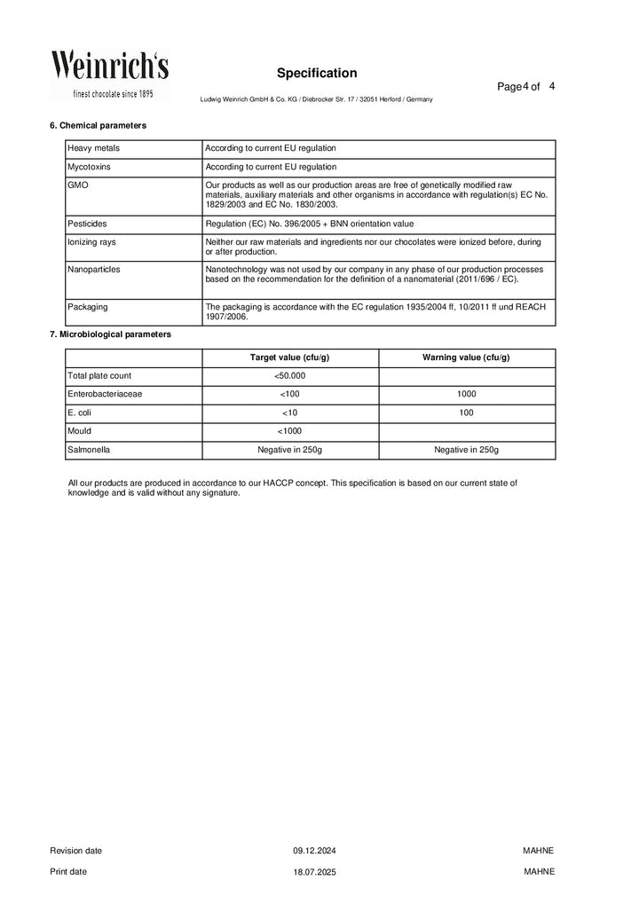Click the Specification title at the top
click(x=316, y=73)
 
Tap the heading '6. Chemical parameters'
click(x=98, y=125)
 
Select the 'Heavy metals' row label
click(x=91, y=148)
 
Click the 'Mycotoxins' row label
click(x=89, y=166)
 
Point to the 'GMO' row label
click(x=77, y=185)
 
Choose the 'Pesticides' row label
click(x=87, y=224)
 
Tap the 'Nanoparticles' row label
click(x=94, y=268)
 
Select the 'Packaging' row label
click(x=88, y=307)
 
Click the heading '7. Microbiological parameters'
click(x=110, y=334)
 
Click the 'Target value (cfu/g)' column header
click(x=289, y=358)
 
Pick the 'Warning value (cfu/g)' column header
click(x=466, y=358)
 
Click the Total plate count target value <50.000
click(x=289, y=376)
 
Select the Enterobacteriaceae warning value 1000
click(x=466, y=394)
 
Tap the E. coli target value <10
click(x=289, y=413)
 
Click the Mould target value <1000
click(x=289, y=431)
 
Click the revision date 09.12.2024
click(x=315, y=851)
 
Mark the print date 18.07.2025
click(x=315, y=872)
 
